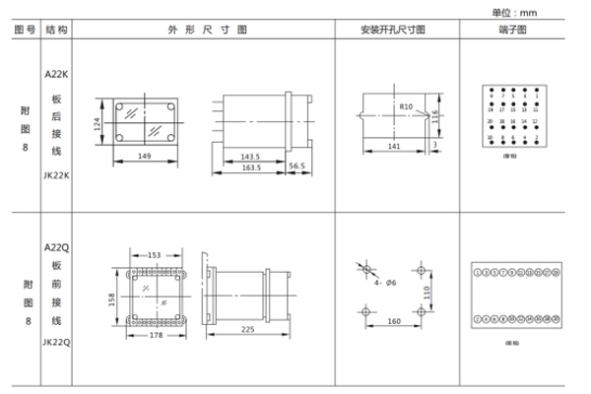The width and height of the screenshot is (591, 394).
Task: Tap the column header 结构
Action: click(57, 31)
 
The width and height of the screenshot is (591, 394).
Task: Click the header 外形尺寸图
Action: click(202, 31)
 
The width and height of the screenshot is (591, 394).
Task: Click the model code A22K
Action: click(57, 74)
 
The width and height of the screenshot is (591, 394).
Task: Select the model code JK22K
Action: click(57, 174)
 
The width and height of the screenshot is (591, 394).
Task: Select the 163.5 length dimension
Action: click(250, 167)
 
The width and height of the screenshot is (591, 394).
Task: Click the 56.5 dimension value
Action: click(296, 167)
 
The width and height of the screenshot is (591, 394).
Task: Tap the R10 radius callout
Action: click(406, 104)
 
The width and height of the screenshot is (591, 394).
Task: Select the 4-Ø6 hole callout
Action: click(386, 286)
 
